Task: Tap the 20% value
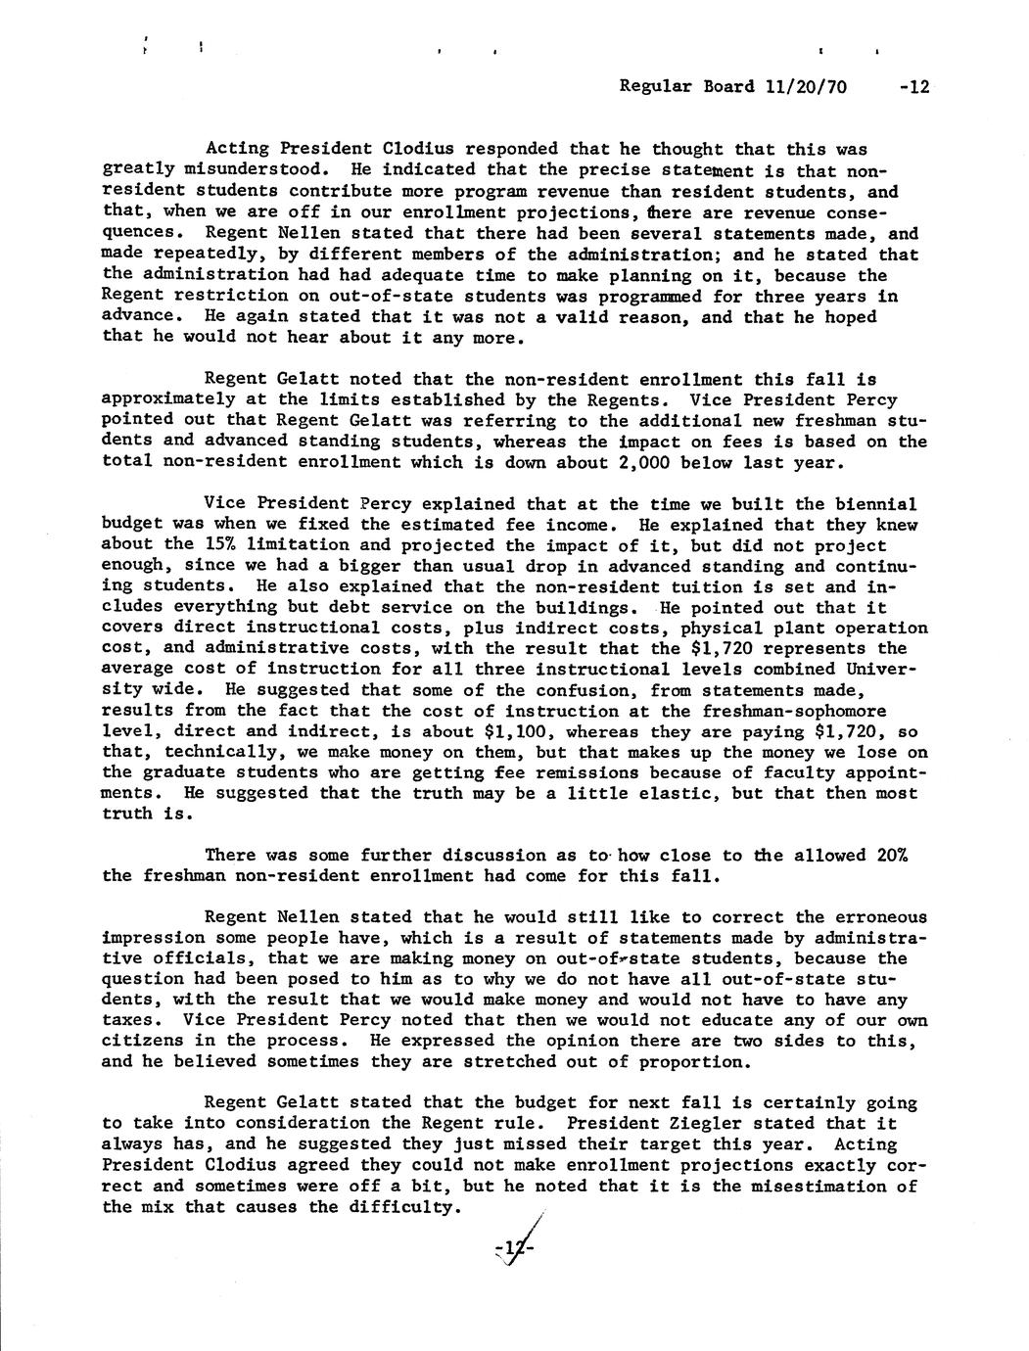(x=892, y=856)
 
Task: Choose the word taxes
(x=131, y=1020)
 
